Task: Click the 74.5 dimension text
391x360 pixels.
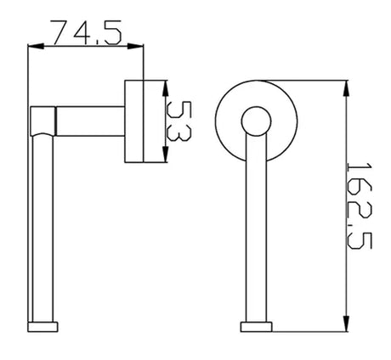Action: coord(87,32)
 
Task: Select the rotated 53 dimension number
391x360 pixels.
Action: coord(178,121)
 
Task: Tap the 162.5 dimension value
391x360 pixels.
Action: coord(359,205)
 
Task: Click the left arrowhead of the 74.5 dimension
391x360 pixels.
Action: coord(36,47)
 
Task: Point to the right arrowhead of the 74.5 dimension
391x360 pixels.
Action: coord(135,47)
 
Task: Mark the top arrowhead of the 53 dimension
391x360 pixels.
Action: coord(166,88)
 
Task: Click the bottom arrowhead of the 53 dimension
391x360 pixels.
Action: coord(166,155)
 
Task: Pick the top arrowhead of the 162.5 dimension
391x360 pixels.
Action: coord(346,88)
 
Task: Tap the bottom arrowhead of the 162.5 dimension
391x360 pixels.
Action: coord(346,323)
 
